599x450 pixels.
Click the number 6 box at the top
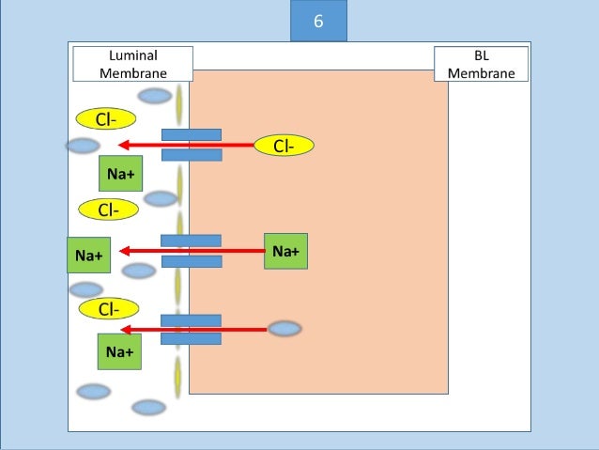pos(317,21)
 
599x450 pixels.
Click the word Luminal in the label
pos(133,56)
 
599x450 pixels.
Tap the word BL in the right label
pos(482,56)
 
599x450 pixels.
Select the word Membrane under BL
pos(482,72)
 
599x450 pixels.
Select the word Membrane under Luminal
pos(133,72)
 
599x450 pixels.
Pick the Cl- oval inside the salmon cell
pos(284,146)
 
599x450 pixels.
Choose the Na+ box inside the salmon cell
pos(285,251)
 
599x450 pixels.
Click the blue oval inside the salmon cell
pos(284,329)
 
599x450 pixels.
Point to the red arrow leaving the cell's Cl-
pos(188,145)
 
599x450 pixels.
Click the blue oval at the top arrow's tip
pos(83,146)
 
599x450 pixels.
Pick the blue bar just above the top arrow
pos(192,134)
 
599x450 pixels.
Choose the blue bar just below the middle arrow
pos(192,261)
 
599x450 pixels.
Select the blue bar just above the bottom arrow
pos(192,320)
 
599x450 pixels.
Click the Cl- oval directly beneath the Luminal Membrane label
pos(104,118)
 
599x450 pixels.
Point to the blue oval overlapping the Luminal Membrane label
pos(155,95)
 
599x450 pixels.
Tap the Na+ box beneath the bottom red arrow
pos(119,351)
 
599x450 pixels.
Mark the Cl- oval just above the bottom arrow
pos(108,308)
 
